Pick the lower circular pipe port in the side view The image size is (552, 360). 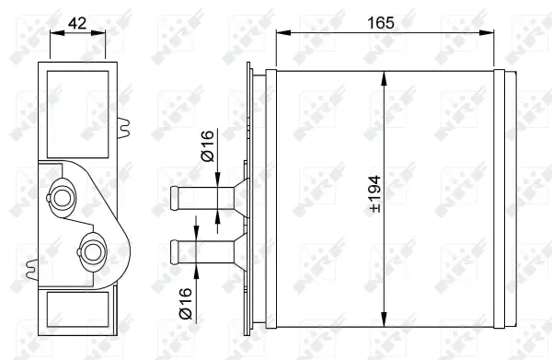(92, 249)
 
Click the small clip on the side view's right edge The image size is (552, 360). (121, 124)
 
